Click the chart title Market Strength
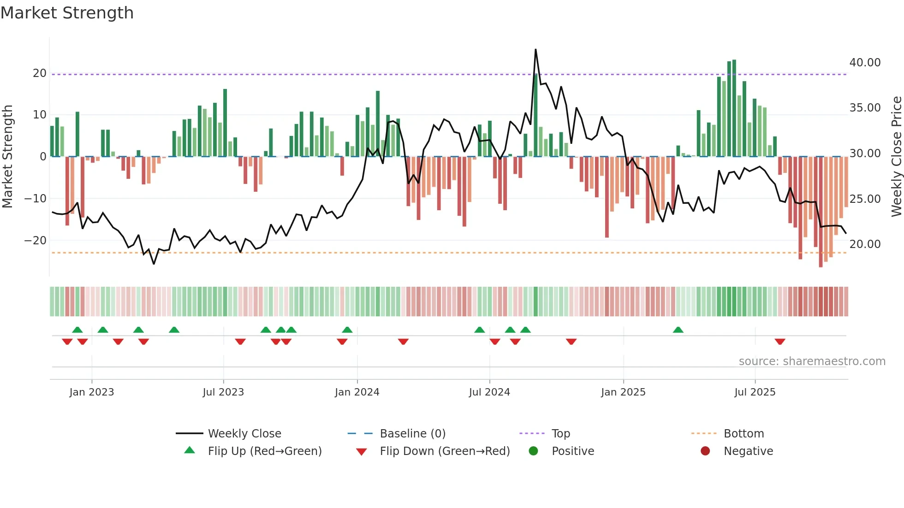[x=67, y=13]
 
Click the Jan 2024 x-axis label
[x=357, y=392]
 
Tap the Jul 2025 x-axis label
[x=755, y=392]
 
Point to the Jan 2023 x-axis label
[x=92, y=392]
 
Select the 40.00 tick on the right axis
[x=865, y=63]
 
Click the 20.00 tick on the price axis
[x=865, y=244]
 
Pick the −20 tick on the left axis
[x=36, y=241]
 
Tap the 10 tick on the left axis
[x=40, y=115]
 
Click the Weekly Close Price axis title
[x=896, y=157]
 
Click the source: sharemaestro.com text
[x=812, y=361]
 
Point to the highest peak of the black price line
[x=535, y=50]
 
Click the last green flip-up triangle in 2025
[x=678, y=330]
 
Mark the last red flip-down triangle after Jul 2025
[x=780, y=342]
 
